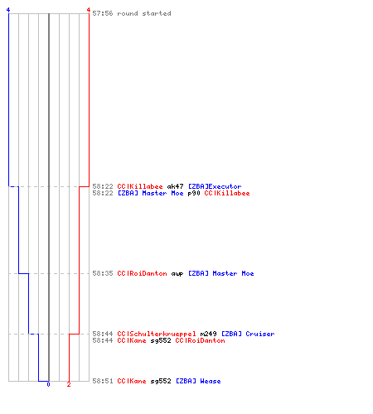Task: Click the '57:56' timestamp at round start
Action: [x=103, y=13]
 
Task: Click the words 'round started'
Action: [x=144, y=13]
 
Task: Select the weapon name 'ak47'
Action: [x=175, y=186]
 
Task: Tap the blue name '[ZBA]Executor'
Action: [x=215, y=186]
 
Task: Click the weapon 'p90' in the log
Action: [x=194, y=193]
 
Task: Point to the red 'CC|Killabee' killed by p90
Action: [x=227, y=193]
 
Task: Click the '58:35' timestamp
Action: [x=103, y=273]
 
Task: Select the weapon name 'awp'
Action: [x=177, y=274]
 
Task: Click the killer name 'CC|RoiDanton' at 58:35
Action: [x=142, y=273]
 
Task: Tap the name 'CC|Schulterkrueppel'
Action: [x=157, y=334]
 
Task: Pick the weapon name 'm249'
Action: [x=208, y=334]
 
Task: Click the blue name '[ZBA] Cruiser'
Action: [x=248, y=334]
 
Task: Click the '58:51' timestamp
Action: [x=103, y=381]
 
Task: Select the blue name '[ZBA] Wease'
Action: [x=198, y=381]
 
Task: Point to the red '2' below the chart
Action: [x=69, y=384]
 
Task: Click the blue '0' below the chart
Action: [x=48, y=384]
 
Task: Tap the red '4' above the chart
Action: [x=89, y=10]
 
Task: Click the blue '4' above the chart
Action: [x=8, y=10]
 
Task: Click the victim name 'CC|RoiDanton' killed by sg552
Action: [x=200, y=340]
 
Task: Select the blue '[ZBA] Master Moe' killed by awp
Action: [x=220, y=273]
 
